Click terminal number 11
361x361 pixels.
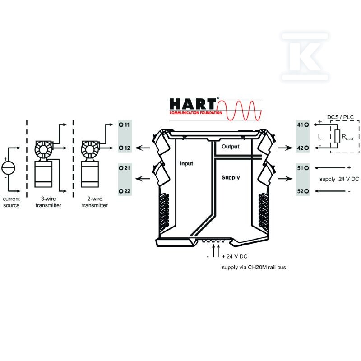click(125, 125)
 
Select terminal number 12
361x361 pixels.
click(125, 148)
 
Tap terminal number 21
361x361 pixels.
click(125, 168)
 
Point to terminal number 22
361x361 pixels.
click(125, 191)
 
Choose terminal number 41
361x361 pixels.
click(303, 125)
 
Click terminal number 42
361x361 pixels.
click(303, 148)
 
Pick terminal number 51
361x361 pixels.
click(303, 168)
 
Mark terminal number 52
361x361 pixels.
click(303, 191)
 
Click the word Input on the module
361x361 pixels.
click(186, 164)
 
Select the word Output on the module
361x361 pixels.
click(231, 147)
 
